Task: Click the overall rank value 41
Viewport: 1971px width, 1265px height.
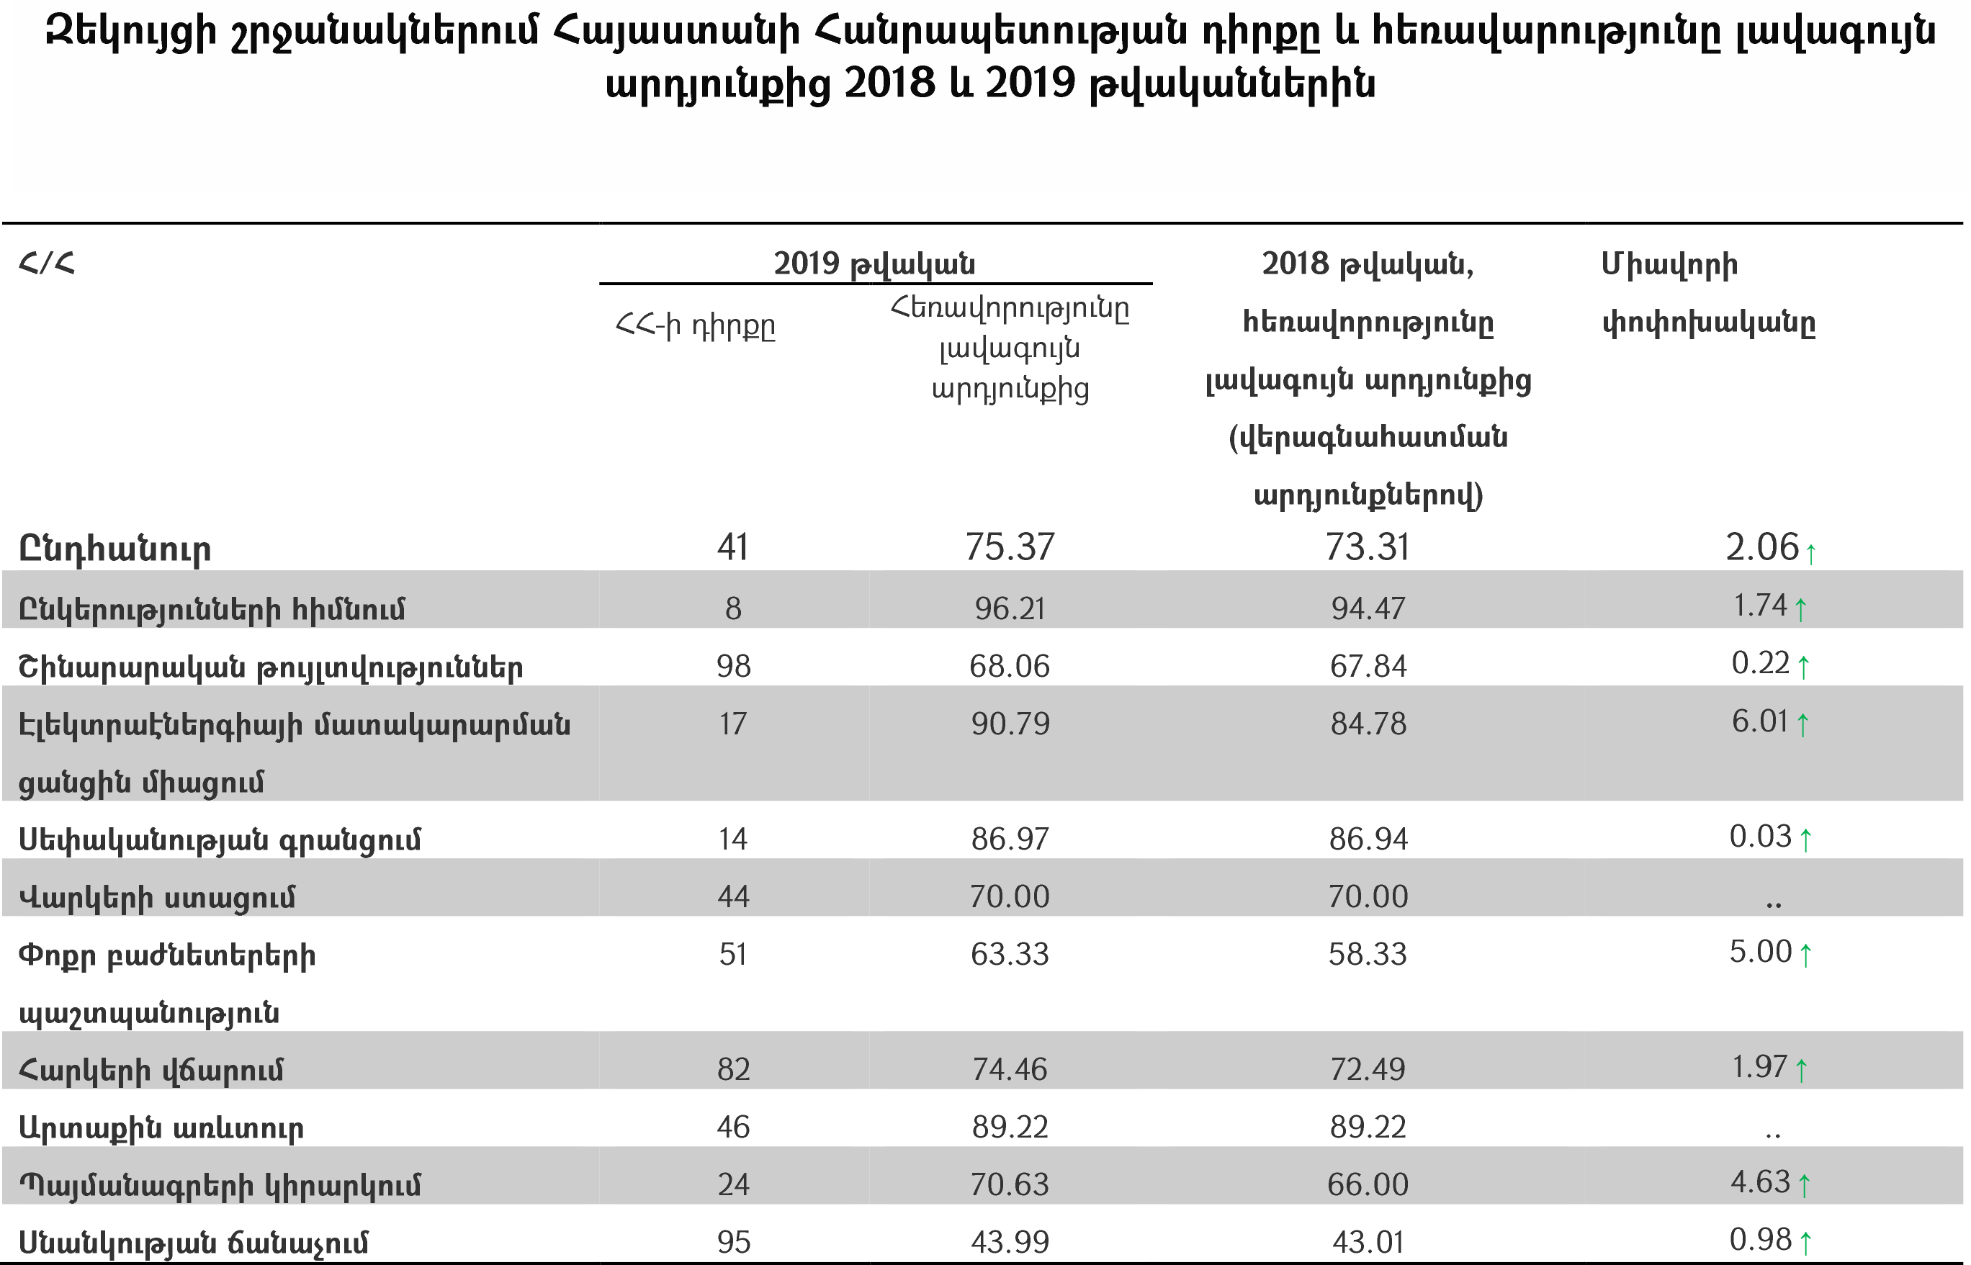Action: [x=732, y=547]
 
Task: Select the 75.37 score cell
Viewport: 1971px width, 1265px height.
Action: [x=1009, y=547]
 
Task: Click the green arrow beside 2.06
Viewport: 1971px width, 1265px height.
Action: [x=1811, y=553]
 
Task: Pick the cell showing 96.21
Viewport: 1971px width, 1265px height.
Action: [x=1009, y=608]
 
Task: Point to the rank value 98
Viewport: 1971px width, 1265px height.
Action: [x=733, y=666]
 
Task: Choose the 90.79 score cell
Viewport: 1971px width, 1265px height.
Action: [x=1010, y=724]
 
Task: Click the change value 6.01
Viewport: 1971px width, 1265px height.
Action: [x=1760, y=721]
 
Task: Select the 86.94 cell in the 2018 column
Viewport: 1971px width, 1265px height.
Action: [x=1368, y=839]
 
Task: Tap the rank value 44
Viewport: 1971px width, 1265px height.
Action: [x=733, y=896]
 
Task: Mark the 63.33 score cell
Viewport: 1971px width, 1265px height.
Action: [x=1009, y=955]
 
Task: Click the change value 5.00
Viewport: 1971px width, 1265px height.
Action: [x=1760, y=952]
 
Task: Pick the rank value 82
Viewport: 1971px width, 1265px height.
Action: [x=733, y=1069]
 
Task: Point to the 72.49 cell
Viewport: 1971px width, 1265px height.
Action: [x=1368, y=1069]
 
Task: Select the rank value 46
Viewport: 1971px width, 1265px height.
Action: [x=733, y=1127]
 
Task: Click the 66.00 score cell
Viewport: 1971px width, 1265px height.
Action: [x=1368, y=1184]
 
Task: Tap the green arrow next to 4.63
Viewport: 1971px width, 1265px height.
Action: [x=1804, y=1186]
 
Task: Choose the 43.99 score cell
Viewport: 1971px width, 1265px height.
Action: [x=1009, y=1242]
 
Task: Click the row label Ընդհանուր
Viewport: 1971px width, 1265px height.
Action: [x=115, y=549]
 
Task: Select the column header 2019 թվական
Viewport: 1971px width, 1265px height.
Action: [x=874, y=264]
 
